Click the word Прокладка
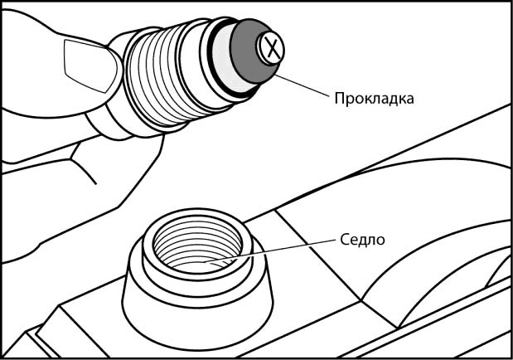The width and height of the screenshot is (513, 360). click(x=373, y=98)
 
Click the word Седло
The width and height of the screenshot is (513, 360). click(x=363, y=241)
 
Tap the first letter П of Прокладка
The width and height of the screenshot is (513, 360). click(x=338, y=98)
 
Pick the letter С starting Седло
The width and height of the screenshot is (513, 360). click(x=344, y=241)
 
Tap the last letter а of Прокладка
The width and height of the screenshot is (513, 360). click(x=409, y=98)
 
